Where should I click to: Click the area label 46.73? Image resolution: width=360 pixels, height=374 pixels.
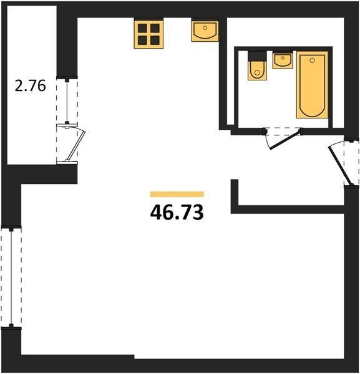tap(177, 213)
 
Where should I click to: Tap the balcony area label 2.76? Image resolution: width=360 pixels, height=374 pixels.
tap(30, 86)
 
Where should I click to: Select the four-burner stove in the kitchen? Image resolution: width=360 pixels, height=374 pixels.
tap(148, 34)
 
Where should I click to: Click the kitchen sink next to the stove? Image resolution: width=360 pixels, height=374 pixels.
tap(205, 32)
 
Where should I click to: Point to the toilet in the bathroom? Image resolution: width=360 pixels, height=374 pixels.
tap(257, 66)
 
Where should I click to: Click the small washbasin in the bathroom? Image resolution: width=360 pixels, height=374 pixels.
tap(283, 60)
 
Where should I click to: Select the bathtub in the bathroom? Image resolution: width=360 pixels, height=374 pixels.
tap(312, 85)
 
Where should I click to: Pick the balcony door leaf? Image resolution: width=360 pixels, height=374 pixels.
tap(76, 145)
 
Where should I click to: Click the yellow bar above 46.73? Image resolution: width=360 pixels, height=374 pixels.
tap(177, 194)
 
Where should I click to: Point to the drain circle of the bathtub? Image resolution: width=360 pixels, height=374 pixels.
tap(312, 60)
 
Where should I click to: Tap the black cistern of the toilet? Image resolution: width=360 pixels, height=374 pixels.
tap(257, 56)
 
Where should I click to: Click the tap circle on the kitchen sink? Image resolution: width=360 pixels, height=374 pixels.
tap(205, 28)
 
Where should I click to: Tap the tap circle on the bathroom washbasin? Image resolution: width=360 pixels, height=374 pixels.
tap(283, 58)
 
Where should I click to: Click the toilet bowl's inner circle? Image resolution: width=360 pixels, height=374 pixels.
tap(257, 72)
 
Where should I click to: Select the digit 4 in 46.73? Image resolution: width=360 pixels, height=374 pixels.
tap(157, 213)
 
